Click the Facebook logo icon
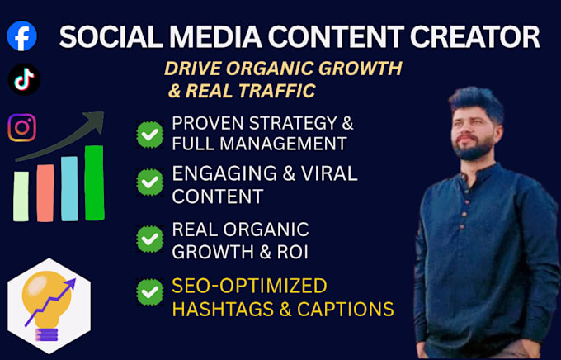(21, 36)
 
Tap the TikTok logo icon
(24, 79)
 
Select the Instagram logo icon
(22, 127)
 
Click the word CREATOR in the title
(474, 36)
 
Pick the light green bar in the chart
(21, 197)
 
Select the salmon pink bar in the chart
(45, 193)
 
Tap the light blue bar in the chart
(69, 189)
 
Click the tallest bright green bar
(94, 182)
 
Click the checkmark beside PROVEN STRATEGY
(150, 135)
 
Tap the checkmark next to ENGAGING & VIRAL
(150, 182)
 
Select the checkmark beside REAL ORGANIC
(150, 239)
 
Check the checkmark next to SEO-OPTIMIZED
(150, 292)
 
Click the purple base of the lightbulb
(46, 334)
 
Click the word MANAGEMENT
(283, 144)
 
